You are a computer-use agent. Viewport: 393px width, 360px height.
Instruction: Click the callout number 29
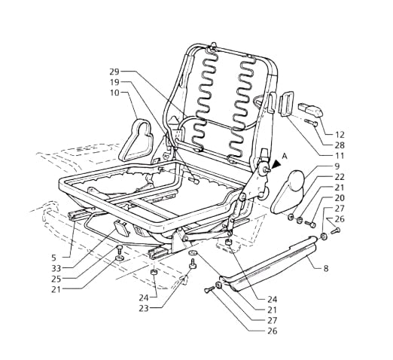click(x=114, y=72)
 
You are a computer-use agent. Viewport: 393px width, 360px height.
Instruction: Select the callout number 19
click(x=114, y=82)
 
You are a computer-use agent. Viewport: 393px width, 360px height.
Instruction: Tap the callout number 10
click(x=114, y=93)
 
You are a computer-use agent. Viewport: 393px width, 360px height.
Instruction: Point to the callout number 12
click(x=340, y=135)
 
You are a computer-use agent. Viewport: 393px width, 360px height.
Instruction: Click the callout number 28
click(x=340, y=145)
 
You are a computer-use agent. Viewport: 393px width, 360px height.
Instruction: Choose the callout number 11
click(x=340, y=156)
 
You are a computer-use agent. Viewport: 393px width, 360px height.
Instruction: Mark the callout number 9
click(x=337, y=166)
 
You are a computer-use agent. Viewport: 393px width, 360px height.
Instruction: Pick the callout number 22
click(x=340, y=177)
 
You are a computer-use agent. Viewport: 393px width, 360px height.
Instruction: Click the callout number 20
click(x=340, y=198)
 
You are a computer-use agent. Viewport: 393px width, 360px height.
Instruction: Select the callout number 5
click(x=54, y=258)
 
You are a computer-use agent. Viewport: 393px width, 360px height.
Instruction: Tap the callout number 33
click(x=56, y=268)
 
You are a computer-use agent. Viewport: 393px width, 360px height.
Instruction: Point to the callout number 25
click(x=56, y=279)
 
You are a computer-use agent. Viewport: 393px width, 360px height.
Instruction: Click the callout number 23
click(x=144, y=309)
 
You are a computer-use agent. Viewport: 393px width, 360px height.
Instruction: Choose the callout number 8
click(x=326, y=269)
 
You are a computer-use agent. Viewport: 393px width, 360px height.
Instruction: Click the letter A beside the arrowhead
click(x=285, y=157)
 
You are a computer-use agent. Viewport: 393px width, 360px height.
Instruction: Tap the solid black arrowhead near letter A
click(x=276, y=164)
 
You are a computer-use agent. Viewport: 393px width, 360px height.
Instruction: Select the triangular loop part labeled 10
click(x=126, y=151)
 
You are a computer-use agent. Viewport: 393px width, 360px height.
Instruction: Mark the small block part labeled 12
click(x=310, y=110)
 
